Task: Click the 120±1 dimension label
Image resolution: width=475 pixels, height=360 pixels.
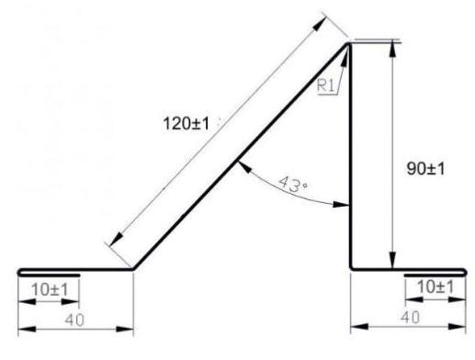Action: [x=187, y=124]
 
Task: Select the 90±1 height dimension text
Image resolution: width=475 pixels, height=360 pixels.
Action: [x=425, y=169]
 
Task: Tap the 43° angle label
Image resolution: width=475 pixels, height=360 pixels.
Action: [x=293, y=185]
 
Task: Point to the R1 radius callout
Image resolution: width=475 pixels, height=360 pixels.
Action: [x=325, y=85]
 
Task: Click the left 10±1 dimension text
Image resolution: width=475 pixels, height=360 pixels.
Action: [x=50, y=289]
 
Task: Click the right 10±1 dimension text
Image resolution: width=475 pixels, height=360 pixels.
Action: [x=435, y=287]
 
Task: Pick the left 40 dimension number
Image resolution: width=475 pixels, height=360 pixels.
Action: [x=74, y=320]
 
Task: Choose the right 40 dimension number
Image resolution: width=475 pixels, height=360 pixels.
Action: [x=411, y=318]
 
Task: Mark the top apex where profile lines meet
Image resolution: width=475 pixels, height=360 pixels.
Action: [x=348, y=43]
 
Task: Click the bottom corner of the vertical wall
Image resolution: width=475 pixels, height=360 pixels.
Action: [x=351, y=269]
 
